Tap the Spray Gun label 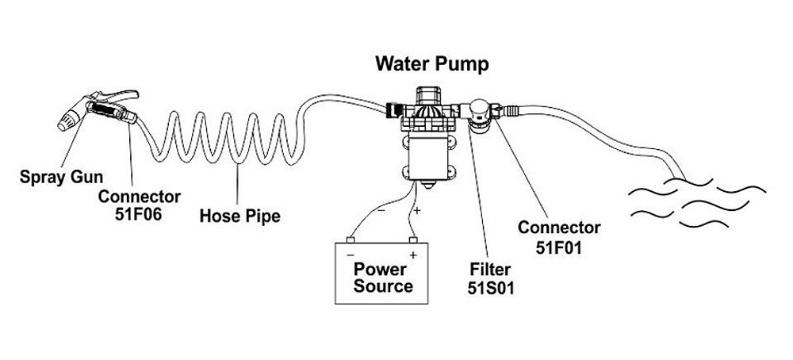(55, 176)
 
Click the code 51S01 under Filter (492, 288)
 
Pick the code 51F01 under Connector (559, 247)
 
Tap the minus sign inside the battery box (350, 255)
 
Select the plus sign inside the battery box (412, 255)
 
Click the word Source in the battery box (383, 285)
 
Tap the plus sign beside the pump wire (418, 210)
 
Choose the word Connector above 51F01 (559, 228)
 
